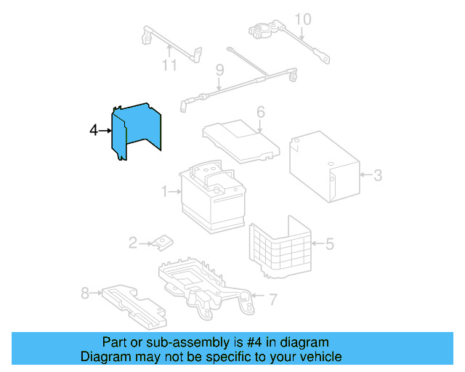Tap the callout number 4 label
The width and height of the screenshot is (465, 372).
(x=93, y=130)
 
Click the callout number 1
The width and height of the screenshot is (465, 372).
(x=165, y=192)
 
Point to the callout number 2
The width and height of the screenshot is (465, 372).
(x=133, y=243)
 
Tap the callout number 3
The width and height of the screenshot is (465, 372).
(x=377, y=174)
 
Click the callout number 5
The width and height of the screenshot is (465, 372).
(x=329, y=244)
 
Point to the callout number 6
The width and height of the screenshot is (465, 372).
(x=260, y=112)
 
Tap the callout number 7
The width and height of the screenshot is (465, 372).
(x=272, y=299)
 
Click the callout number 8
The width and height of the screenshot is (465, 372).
(x=84, y=294)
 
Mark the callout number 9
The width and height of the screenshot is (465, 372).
(x=219, y=70)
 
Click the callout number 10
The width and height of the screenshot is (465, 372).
(x=302, y=19)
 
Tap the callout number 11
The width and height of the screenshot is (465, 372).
(x=169, y=65)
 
